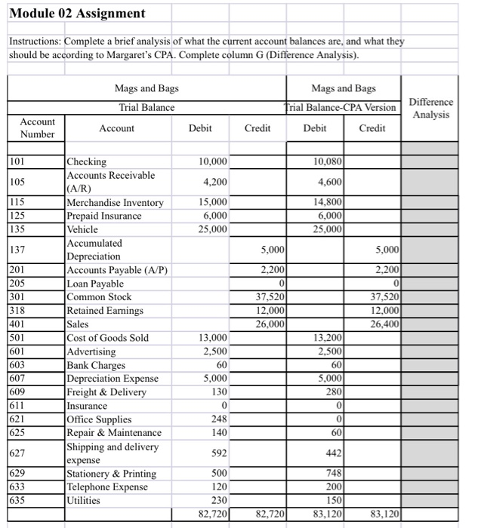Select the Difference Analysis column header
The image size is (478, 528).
[x=430, y=108]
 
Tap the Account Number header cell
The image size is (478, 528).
[x=37, y=127]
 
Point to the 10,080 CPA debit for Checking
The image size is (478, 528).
[x=328, y=161]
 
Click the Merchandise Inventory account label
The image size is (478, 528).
[x=115, y=202]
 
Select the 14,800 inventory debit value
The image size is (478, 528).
[x=328, y=202]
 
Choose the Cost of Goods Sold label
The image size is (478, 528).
[x=108, y=338]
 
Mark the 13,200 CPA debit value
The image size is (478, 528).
[x=328, y=338]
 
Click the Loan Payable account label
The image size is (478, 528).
[x=95, y=284]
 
